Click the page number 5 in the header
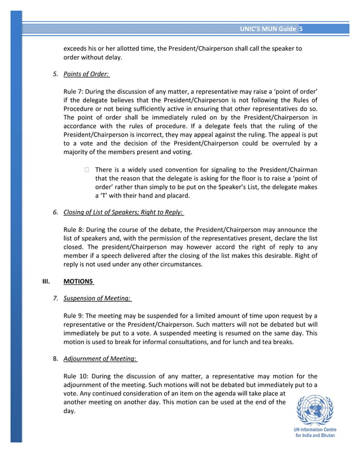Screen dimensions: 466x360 [x=301, y=29]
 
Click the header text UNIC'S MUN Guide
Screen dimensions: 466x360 [x=267, y=29]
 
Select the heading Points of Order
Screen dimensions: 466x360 [x=86, y=74]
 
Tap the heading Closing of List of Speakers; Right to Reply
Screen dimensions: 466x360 [x=124, y=212]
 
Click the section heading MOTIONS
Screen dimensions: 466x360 [x=78, y=282]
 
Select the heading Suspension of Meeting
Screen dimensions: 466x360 [x=97, y=298]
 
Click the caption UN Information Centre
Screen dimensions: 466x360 [x=314, y=430]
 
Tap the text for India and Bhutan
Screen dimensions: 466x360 [x=314, y=437]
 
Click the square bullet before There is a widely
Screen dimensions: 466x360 [x=86, y=170]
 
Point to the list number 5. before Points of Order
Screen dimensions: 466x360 [x=55, y=74]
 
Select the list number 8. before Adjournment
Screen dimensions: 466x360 [x=55, y=358]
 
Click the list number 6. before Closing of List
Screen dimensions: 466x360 [x=55, y=212]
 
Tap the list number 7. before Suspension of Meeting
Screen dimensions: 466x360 [x=55, y=298]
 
